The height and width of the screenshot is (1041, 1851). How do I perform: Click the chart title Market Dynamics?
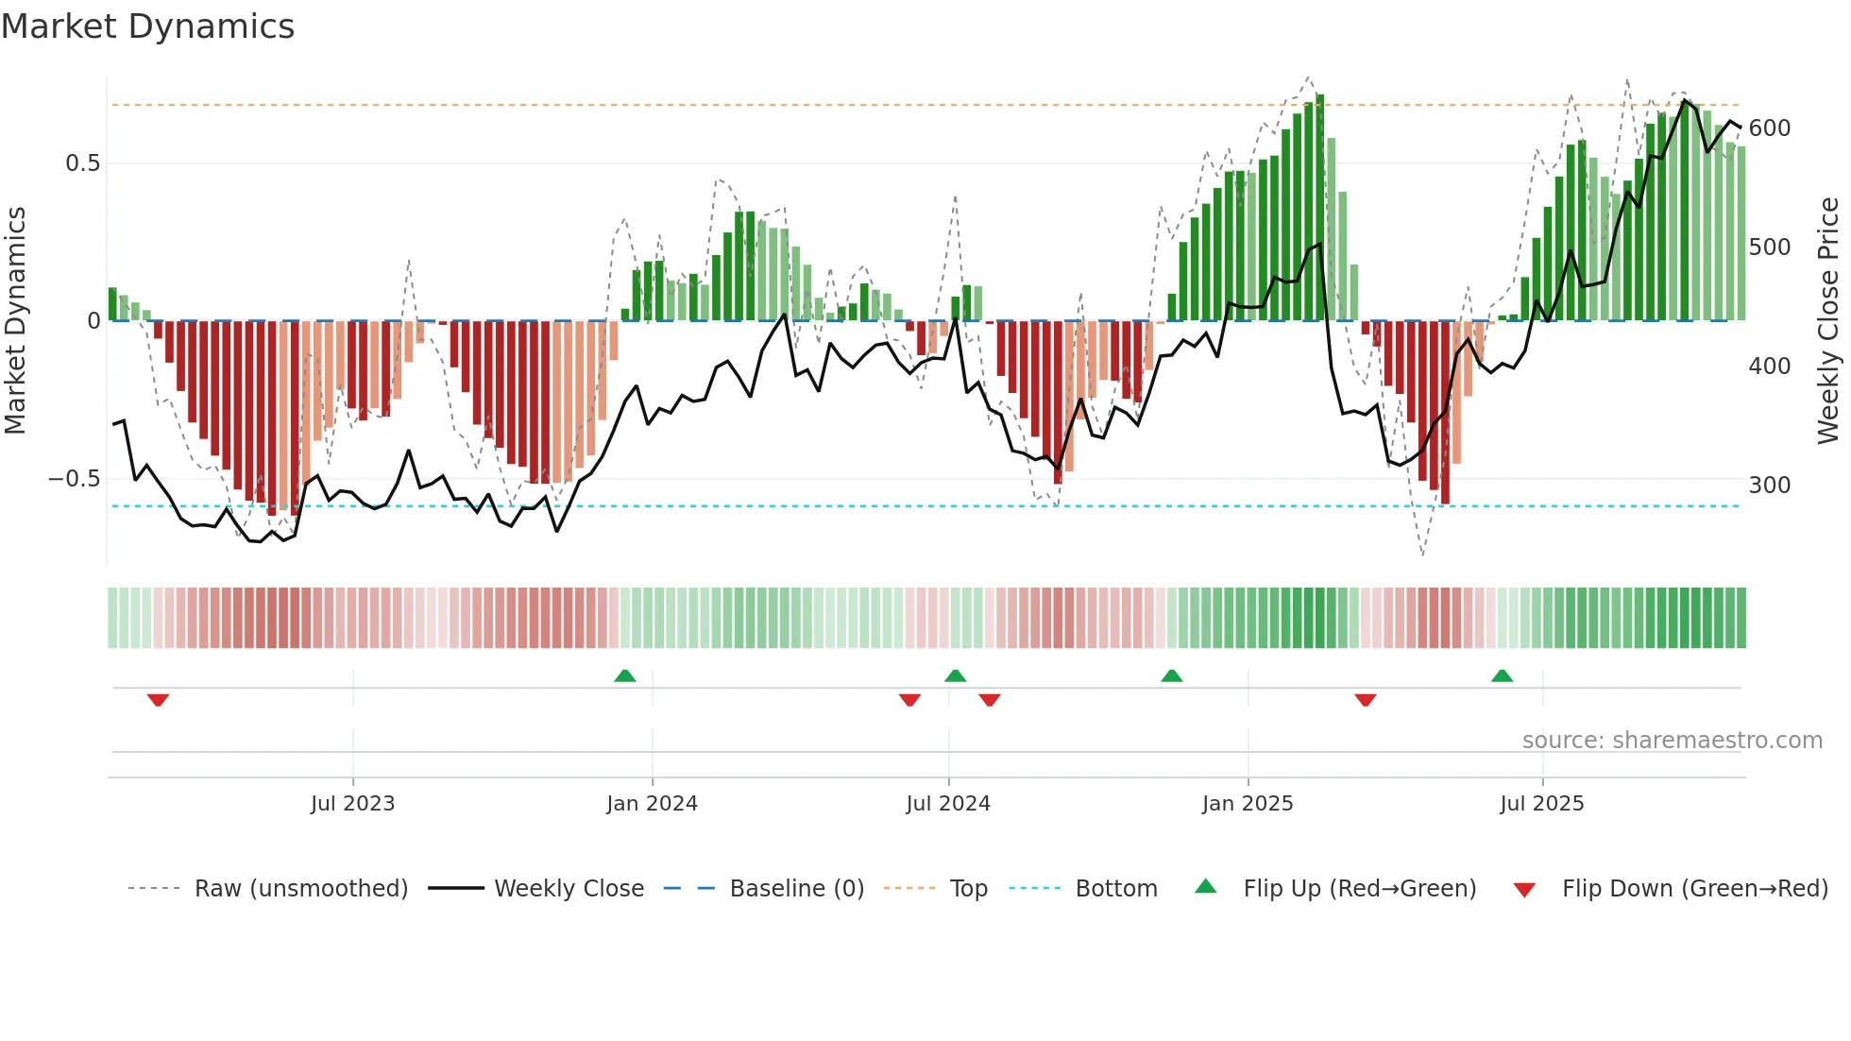148,26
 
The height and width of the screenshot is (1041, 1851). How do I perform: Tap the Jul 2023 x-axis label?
352,804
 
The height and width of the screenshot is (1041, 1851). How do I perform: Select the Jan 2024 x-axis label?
652,804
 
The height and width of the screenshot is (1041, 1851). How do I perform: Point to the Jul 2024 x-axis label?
948,804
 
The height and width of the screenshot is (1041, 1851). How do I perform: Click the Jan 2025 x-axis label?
1248,804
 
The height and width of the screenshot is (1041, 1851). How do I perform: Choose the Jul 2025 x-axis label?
1542,804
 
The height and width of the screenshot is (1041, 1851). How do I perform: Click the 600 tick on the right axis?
1770,128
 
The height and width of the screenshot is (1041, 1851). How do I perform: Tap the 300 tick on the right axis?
1770,486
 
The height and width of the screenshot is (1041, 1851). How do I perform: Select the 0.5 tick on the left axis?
82,163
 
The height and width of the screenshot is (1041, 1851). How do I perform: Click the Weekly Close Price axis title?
1828,321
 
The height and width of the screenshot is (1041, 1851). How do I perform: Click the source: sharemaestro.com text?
1672,741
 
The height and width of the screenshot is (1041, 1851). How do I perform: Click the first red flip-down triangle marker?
158,700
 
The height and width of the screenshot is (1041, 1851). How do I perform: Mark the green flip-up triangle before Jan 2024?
624,675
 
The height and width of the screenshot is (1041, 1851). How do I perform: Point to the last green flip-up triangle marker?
1502,675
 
